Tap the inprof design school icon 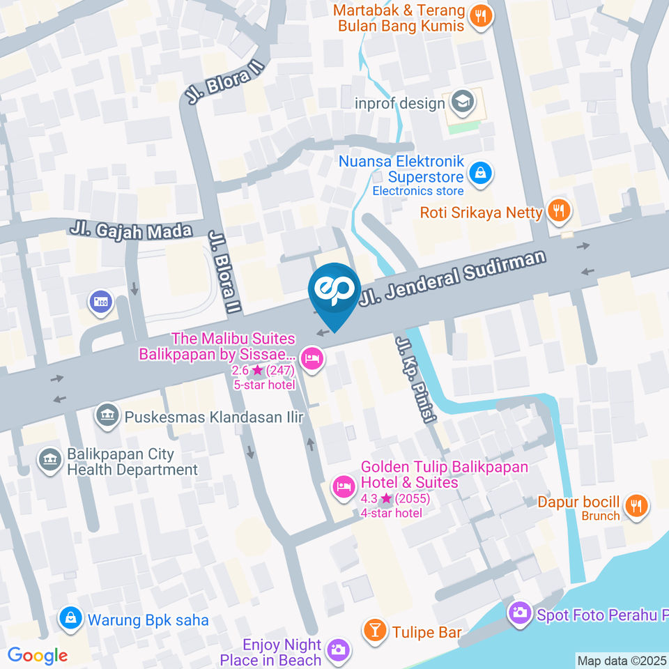click(x=460, y=103)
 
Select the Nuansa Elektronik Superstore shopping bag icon click(x=479, y=174)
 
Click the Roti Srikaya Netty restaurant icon click(x=558, y=211)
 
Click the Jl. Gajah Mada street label click(x=131, y=229)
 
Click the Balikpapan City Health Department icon click(x=50, y=461)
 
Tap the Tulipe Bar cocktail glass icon click(x=375, y=631)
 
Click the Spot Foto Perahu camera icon click(x=518, y=613)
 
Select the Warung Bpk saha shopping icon click(x=70, y=618)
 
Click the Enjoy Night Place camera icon click(x=338, y=651)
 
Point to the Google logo click(x=38, y=655)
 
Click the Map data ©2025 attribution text click(x=622, y=660)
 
